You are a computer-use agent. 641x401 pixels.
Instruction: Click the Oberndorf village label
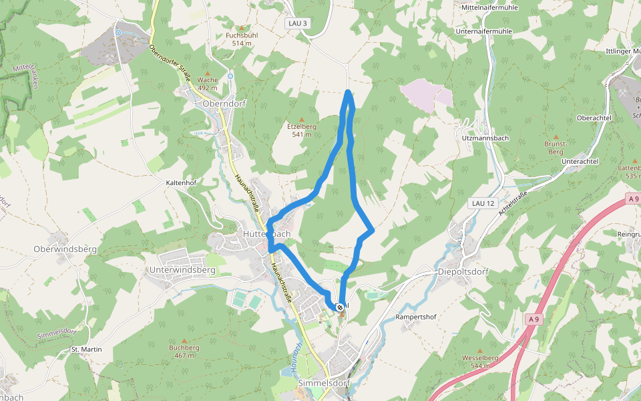[224, 104]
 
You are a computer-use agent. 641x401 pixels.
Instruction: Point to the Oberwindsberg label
[65, 249]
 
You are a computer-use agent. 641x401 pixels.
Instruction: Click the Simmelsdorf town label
[323, 383]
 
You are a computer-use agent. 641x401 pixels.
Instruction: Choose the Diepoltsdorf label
[463, 272]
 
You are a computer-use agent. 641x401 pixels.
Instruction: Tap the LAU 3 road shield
[297, 23]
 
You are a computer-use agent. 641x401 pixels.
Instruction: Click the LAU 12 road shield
[482, 203]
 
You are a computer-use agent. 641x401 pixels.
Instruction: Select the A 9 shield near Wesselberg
[533, 320]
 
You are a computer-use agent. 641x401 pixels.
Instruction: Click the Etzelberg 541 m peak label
[302, 130]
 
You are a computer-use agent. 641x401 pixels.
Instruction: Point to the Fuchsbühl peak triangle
[241, 27]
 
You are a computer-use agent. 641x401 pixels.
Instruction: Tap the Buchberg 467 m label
[184, 351]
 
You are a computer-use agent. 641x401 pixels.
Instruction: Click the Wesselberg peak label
[480, 362]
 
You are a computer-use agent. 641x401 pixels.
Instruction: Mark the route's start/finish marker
[341, 307]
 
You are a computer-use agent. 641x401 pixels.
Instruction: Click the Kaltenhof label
[181, 182]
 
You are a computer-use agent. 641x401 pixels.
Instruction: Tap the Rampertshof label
[415, 316]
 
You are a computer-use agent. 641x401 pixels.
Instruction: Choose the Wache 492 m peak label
[208, 84]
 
